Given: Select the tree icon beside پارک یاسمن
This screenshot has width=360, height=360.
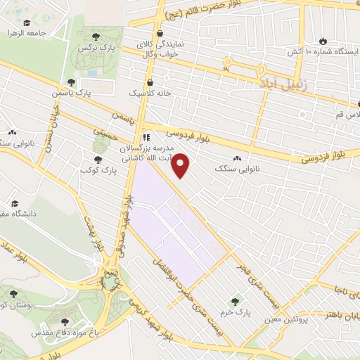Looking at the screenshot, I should coord(70,83).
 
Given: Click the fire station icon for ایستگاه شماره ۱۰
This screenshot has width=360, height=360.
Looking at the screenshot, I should coord(323,41).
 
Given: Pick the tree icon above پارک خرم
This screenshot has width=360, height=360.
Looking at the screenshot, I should coord(235,302).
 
